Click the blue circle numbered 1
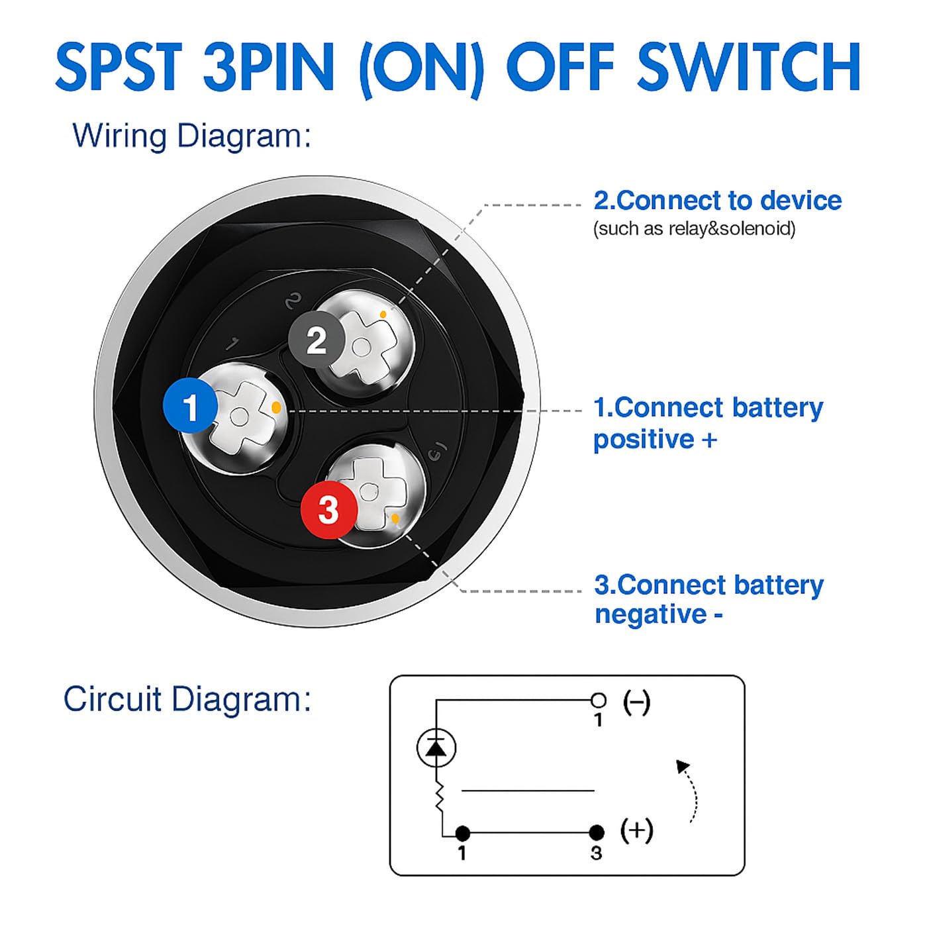point(190,407)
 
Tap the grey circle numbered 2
point(317,340)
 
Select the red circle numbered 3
point(328,509)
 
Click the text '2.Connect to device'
point(717,200)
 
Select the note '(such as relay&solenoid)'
point(694,229)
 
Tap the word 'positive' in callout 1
point(642,440)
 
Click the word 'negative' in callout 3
point(651,614)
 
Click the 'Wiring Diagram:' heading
point(191,136)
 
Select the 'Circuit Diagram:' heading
point(187,699)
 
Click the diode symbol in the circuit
point(436,748)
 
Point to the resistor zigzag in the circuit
point(438,799)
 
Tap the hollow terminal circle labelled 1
point(598,700)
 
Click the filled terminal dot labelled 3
point(597,832)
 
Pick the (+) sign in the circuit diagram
point(636,830)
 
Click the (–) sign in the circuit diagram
point(636,702)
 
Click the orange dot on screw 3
point(395,518)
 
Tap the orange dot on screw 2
point(383,314)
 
